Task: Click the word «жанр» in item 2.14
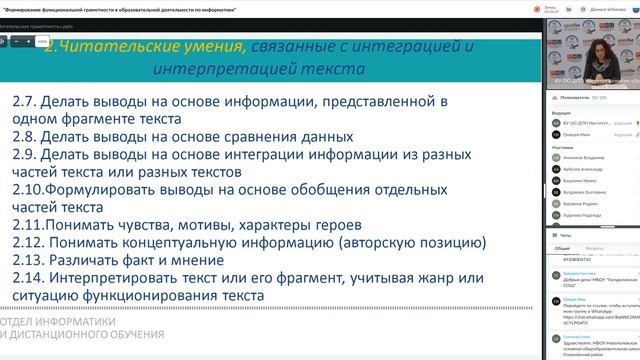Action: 449,278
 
